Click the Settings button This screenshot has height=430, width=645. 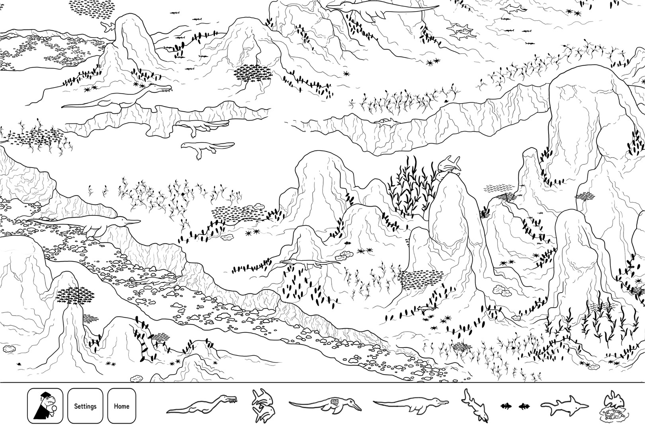[85, 406]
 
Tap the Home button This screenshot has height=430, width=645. [121, 406]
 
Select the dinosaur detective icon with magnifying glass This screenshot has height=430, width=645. [45, 406]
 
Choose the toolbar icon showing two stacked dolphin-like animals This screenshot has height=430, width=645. [263, 406]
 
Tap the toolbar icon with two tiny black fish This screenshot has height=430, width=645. [514, 407]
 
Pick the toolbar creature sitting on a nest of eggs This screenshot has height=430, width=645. [614, 406]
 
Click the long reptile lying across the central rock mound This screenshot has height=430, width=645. [309, 263]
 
